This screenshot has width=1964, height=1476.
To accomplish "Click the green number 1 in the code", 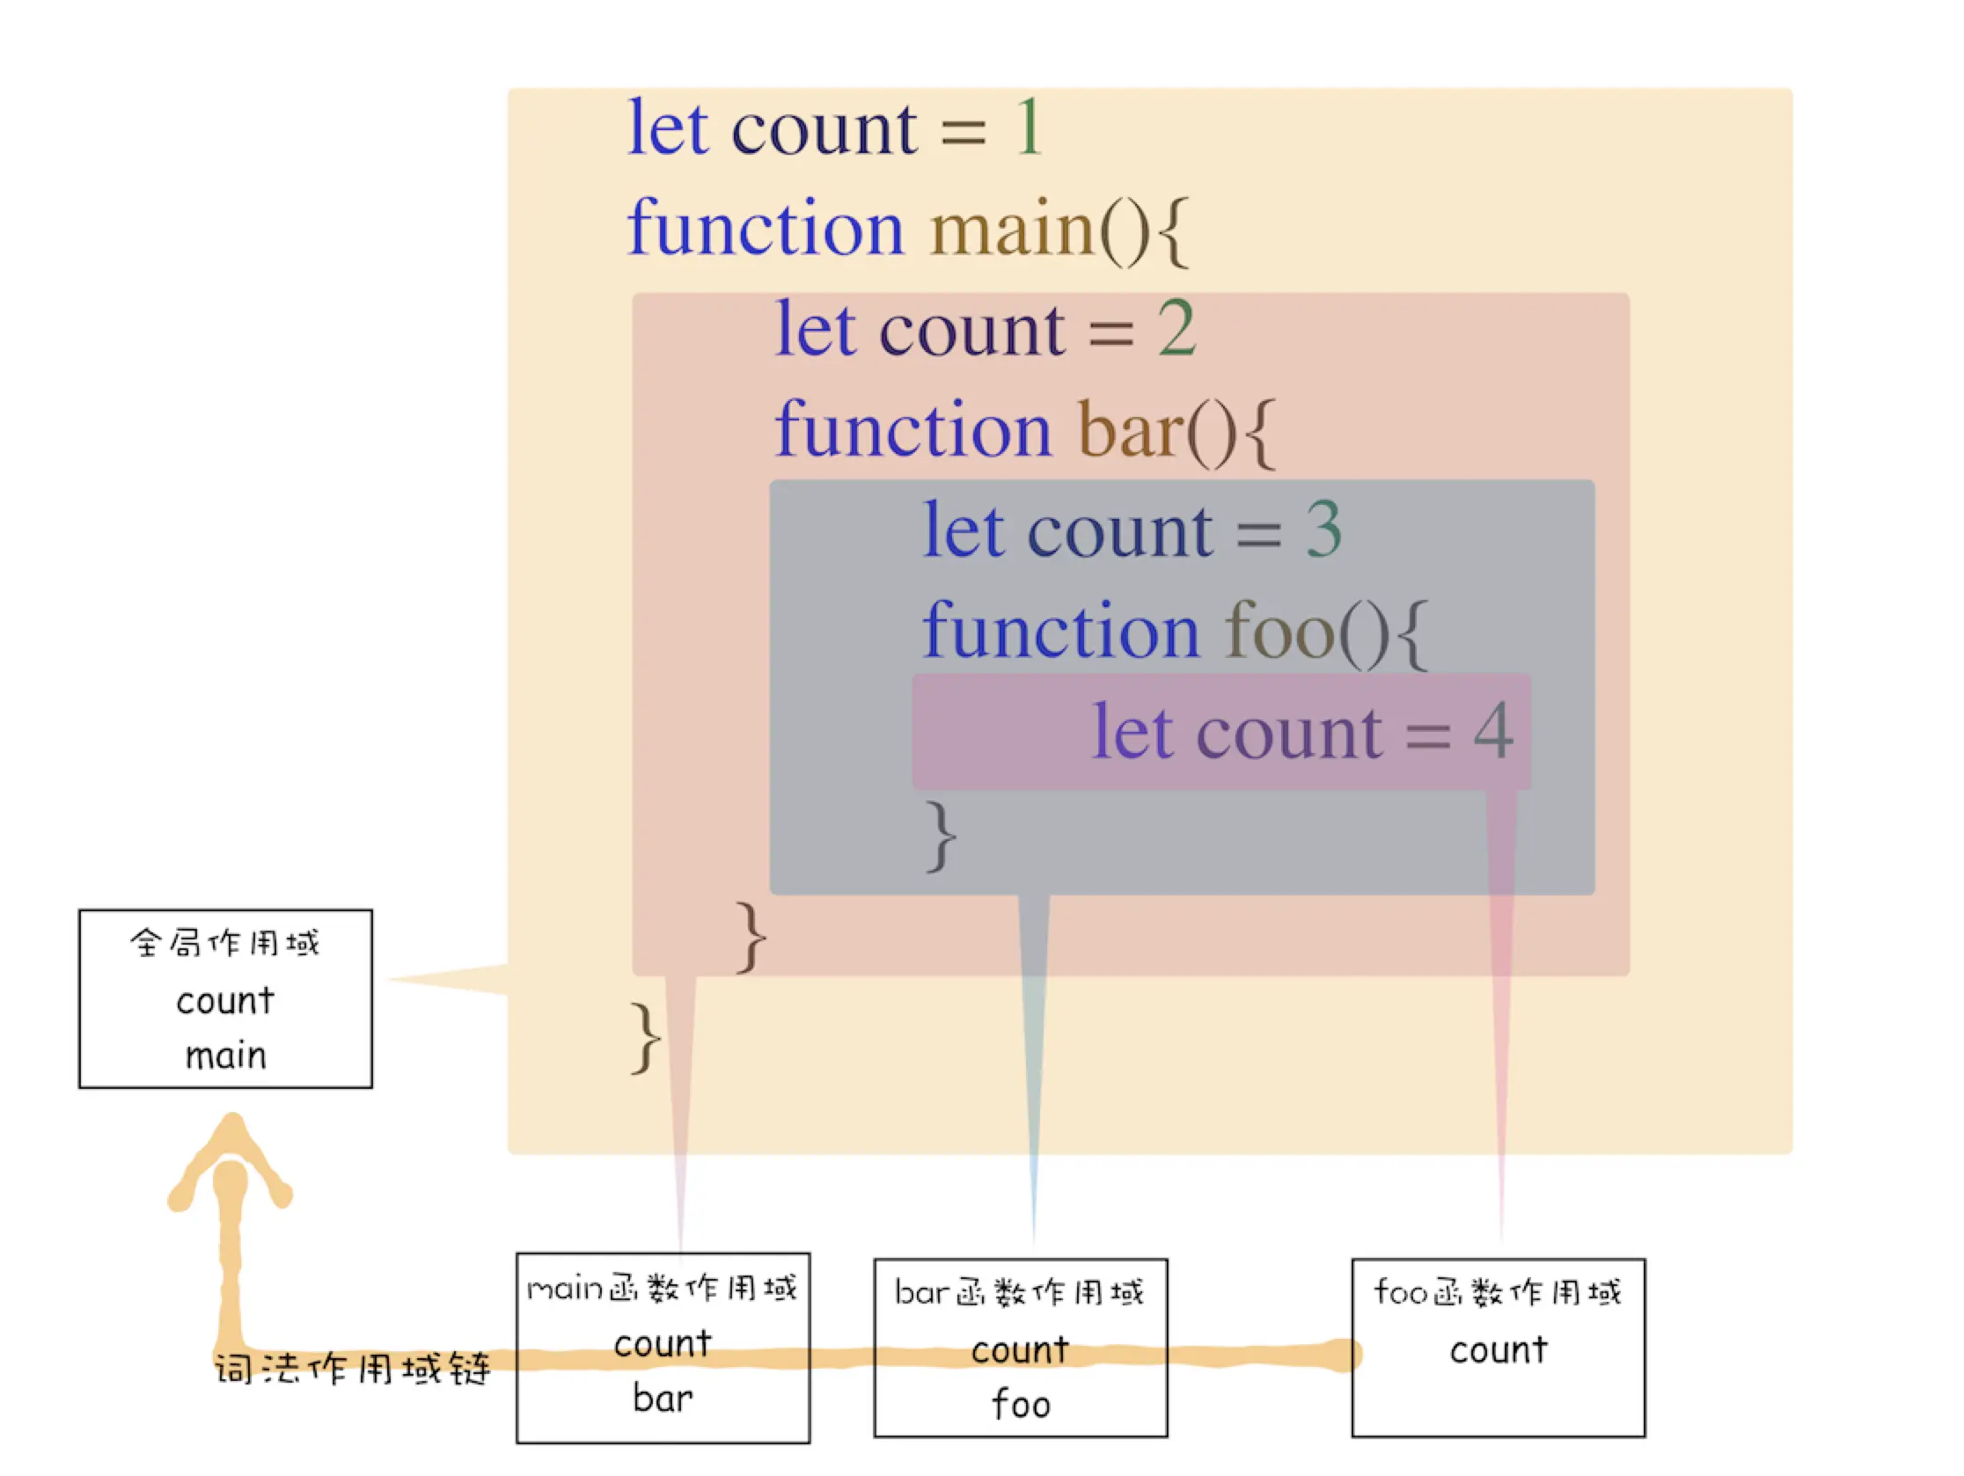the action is pos(1028,128).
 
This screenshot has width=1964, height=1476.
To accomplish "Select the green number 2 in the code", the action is pos(1176,329).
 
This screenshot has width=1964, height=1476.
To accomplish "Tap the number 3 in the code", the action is pos(1323,530).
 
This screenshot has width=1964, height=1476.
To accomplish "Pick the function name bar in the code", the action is pos(1131,430).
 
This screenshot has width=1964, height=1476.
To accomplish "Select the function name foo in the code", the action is pos(1279,631).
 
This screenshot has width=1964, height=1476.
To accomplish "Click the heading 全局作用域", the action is pos(224,943).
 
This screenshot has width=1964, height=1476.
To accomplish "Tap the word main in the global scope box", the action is pos(225,1056).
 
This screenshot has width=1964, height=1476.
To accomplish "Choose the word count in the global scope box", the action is pos(225,1001).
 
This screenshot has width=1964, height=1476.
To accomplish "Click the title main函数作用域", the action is pos(663,1288).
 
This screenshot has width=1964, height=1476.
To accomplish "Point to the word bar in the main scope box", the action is pos(663,1399).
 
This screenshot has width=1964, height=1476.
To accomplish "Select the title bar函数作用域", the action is pos(1019,1292).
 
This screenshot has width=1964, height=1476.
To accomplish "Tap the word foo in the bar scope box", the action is pos(1021,1405).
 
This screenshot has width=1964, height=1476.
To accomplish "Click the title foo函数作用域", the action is pos(1498,1292).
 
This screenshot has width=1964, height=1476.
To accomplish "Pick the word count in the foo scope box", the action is pos(1499,1350).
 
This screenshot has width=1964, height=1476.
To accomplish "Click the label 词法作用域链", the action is pos(353,1370).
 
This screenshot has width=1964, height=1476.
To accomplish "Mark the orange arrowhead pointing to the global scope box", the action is pos(231,1154).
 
